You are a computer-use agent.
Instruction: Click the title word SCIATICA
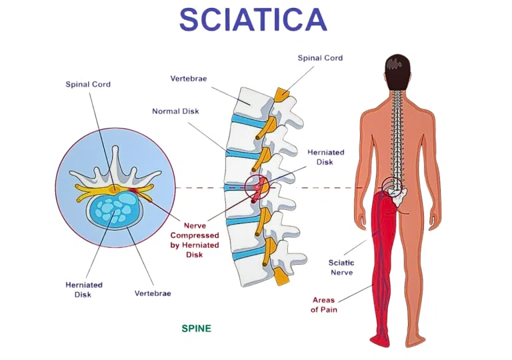coord(253,20)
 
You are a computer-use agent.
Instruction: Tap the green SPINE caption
coord(197,329)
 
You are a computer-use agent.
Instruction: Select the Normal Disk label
coord(175,111)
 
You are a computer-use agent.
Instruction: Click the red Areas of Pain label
coord(324,305)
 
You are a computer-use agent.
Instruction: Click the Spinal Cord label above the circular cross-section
coord(88,85)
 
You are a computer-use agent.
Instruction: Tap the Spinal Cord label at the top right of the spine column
coord(320,58)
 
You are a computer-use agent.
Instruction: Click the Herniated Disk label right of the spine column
coord(325,157)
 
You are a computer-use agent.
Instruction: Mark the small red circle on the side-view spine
coord(256,187)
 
